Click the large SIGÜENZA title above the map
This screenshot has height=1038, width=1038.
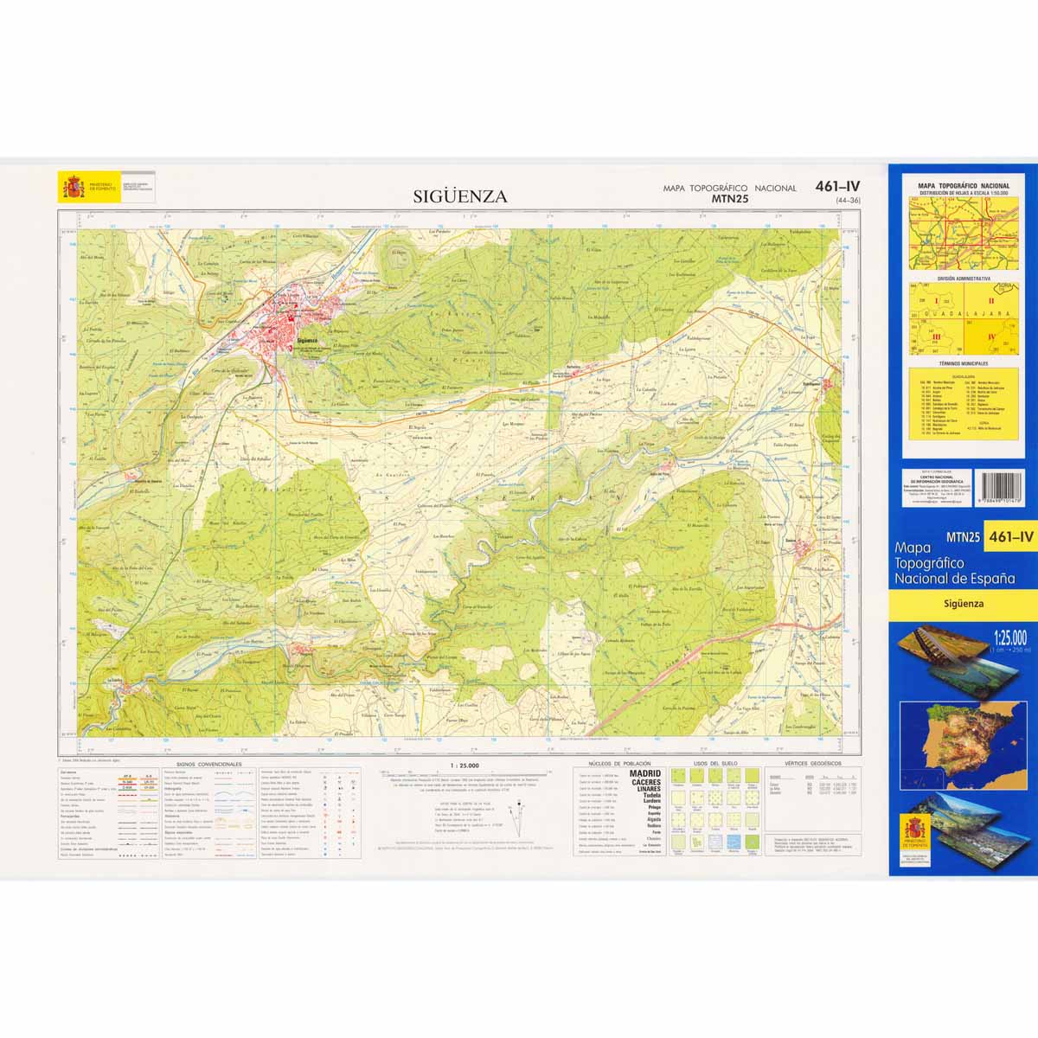(460, 196)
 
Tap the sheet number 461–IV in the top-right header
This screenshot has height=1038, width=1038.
(836, 186)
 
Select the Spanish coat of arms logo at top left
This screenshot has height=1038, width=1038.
(72, 186)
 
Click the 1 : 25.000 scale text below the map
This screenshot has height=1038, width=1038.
(465, 765)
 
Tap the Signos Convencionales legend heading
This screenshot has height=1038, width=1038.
(208, 765)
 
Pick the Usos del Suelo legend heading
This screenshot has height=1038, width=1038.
(714, 765)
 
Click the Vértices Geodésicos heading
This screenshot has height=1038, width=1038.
(812, 765)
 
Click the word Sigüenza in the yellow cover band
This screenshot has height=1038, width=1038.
(963, 605)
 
